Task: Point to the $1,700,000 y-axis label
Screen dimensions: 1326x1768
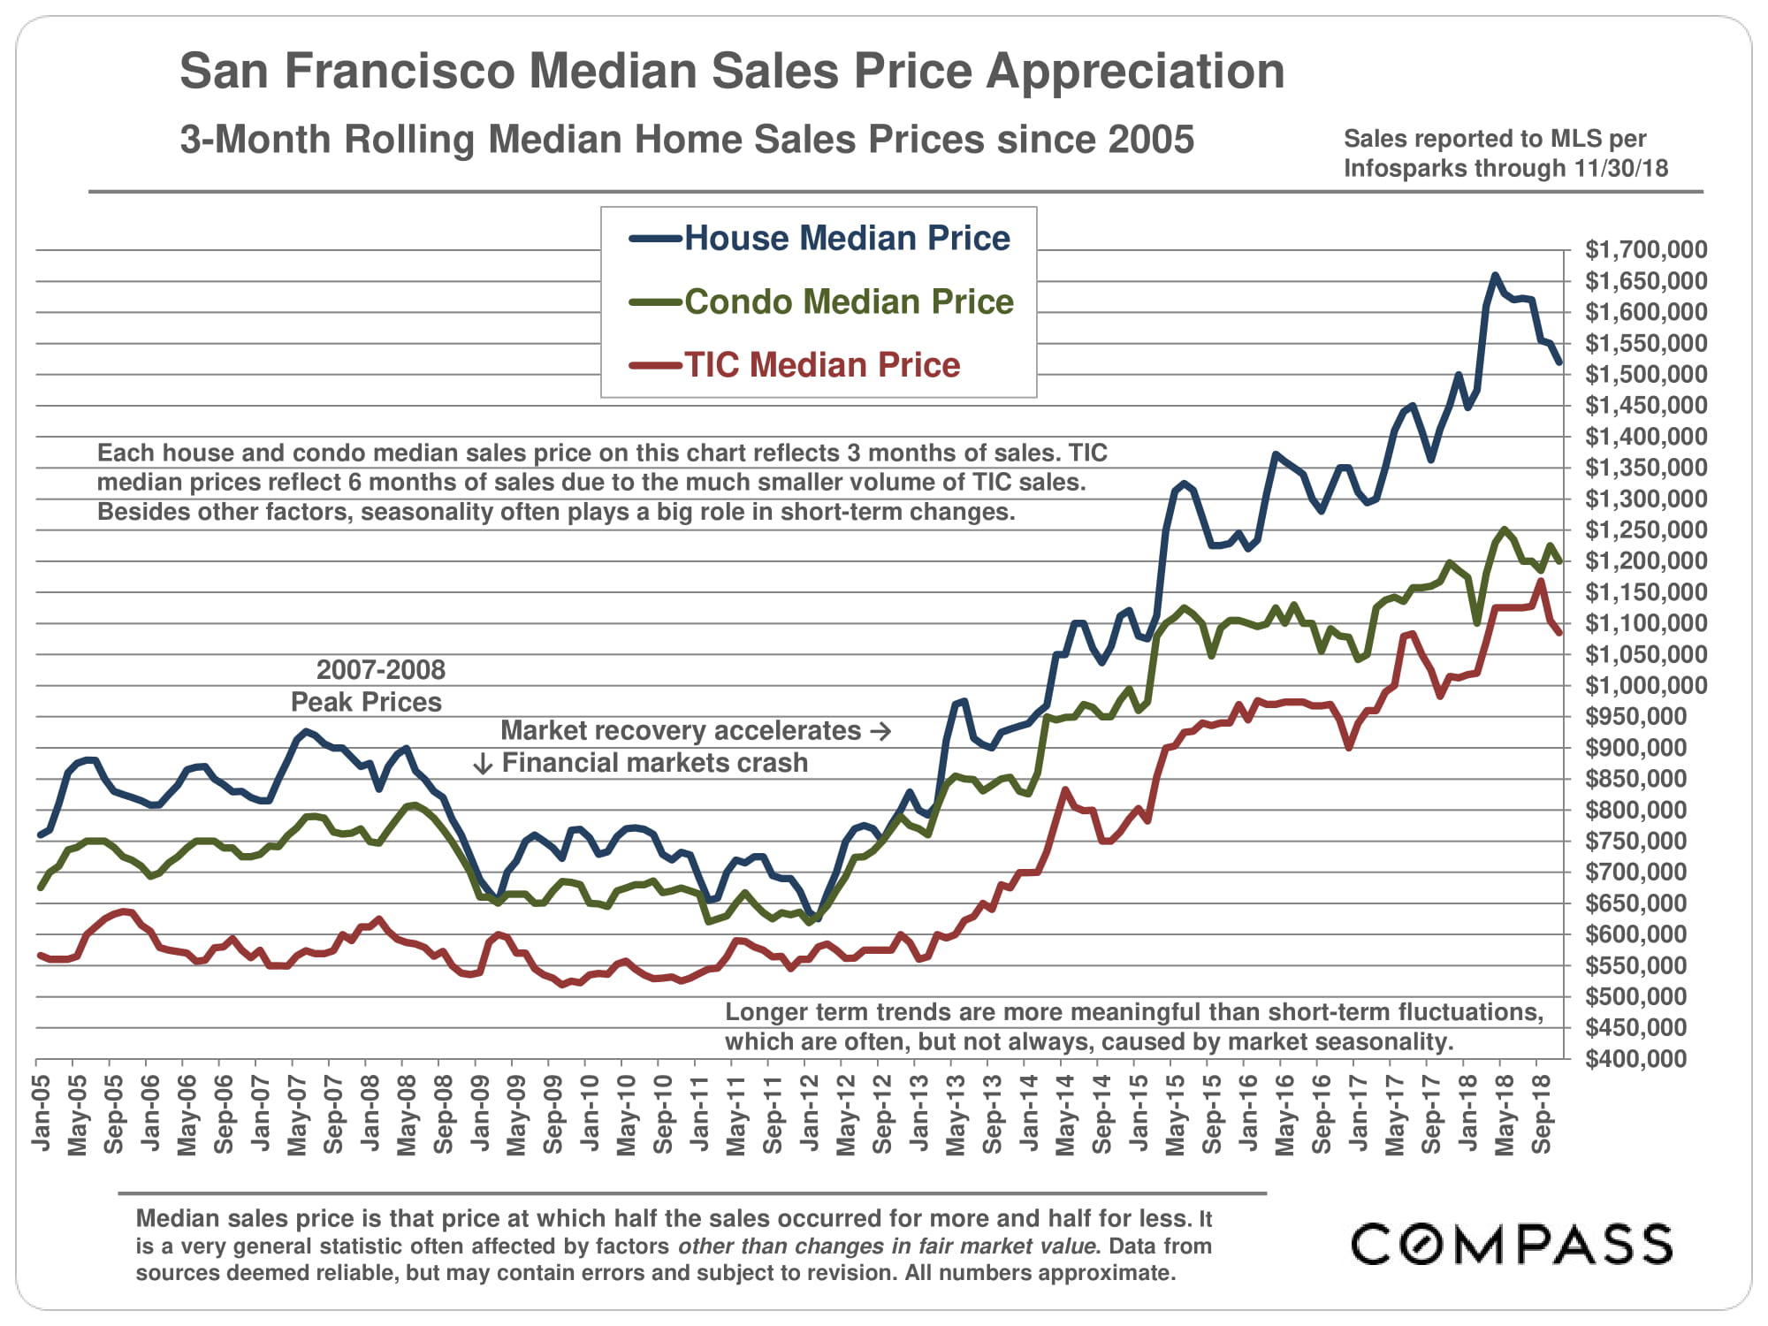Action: point(1646,250)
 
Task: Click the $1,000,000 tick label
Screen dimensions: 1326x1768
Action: point(1646,686)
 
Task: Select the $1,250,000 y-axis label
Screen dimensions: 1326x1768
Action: point(1646,530)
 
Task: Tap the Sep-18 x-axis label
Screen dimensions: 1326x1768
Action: point(1542,1114)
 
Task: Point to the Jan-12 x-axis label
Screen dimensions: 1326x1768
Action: point(810,1113)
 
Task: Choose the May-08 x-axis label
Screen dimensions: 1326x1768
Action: point(407,1115)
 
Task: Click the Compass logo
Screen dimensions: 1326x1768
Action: point(1512,1245)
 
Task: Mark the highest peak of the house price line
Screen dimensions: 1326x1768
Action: point(1495,275)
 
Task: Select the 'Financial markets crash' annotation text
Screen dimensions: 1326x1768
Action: point(655,763)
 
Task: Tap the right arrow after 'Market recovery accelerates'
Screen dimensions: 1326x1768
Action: point(880,731)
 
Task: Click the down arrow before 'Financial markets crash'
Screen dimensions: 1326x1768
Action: point(483,764)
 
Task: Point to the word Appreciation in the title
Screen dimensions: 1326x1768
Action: point(1135,71)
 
